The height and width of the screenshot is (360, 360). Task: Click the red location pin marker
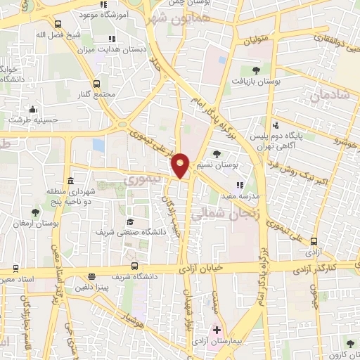[181, 165]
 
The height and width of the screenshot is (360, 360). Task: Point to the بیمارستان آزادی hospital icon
[217, 330]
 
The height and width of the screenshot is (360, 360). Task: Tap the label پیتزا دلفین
[91, 288]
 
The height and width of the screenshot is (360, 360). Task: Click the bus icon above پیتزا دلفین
[91, 277]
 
